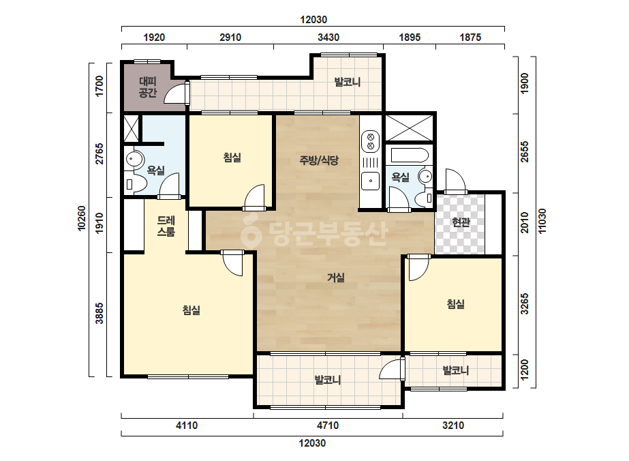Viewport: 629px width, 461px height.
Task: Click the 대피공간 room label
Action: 148,87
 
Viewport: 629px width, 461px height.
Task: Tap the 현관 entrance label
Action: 461,222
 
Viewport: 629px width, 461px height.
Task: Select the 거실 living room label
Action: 336,277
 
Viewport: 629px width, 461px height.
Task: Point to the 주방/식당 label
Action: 319,160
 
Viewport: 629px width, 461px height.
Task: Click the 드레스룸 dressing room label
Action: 166,226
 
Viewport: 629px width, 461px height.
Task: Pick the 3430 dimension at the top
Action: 328,38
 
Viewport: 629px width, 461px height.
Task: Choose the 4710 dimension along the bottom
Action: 328,426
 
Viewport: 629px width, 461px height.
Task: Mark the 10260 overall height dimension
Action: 82,218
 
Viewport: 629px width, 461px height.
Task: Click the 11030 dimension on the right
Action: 542,221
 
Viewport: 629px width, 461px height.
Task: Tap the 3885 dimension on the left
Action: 99,313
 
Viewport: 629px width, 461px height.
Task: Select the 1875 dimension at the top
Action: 470,38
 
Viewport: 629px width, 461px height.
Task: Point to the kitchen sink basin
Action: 371,181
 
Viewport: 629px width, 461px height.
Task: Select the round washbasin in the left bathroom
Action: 135,160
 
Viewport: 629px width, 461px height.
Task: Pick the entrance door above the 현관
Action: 456,181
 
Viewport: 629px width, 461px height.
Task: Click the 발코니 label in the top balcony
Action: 348,82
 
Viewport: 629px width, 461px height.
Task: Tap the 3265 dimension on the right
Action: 524,304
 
